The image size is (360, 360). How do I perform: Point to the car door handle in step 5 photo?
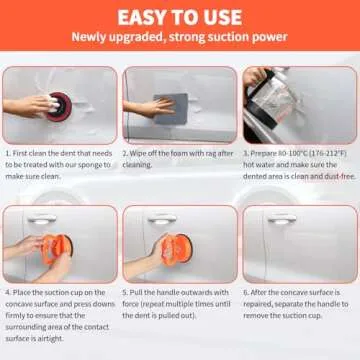tap(158, 221)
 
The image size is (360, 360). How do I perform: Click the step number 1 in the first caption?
tap(8, 154)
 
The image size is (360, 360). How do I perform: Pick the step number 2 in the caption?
tap(125, 154)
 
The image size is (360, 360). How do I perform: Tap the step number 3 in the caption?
tap(245, 154)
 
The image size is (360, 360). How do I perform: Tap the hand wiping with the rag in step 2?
tap(148, 105)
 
